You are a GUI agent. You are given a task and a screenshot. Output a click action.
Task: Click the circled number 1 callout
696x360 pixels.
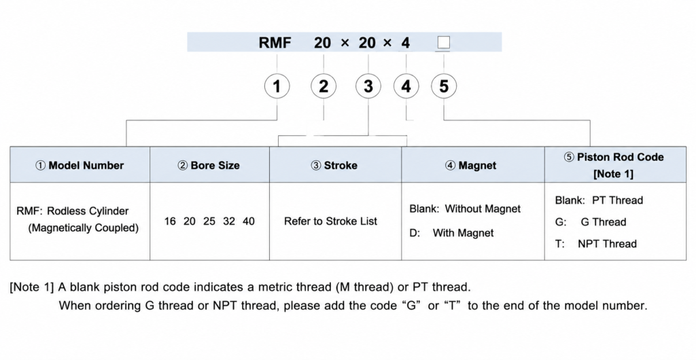pos(277,86)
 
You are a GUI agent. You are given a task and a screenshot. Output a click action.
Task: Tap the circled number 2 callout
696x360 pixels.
pos(323,86)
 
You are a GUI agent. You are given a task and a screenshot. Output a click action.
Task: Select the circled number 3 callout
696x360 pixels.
pos(368,86)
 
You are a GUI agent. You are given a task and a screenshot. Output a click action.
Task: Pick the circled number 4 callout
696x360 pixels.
pos(406,86)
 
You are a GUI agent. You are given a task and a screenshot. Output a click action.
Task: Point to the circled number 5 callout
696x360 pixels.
pos(444,86)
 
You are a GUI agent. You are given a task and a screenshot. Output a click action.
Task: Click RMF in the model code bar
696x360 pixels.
pos(275,43)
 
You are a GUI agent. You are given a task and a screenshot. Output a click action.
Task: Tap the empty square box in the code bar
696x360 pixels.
pos(443,43)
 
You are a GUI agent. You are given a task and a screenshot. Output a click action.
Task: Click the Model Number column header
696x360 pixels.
pos(80,165)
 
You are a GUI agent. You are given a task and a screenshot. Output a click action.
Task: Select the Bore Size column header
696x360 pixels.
pos(209,165)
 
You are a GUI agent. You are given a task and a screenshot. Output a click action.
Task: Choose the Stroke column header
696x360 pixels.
pos(334,165)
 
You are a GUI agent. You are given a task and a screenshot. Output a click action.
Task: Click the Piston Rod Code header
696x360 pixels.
pos(614,165)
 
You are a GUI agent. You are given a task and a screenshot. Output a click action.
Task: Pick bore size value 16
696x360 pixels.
pos(170,221)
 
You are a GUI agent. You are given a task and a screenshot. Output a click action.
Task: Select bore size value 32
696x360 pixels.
pos(229,221)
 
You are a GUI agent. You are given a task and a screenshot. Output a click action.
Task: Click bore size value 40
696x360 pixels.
pos(249,221)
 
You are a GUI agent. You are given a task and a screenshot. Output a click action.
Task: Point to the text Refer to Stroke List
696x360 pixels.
pos(331,221)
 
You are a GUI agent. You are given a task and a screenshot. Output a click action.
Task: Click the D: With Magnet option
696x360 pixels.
pos(451,233)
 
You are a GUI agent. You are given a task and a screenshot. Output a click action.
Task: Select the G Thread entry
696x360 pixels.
pos(604,221)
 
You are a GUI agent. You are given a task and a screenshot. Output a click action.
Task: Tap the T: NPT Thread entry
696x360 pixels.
pos(595,243)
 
